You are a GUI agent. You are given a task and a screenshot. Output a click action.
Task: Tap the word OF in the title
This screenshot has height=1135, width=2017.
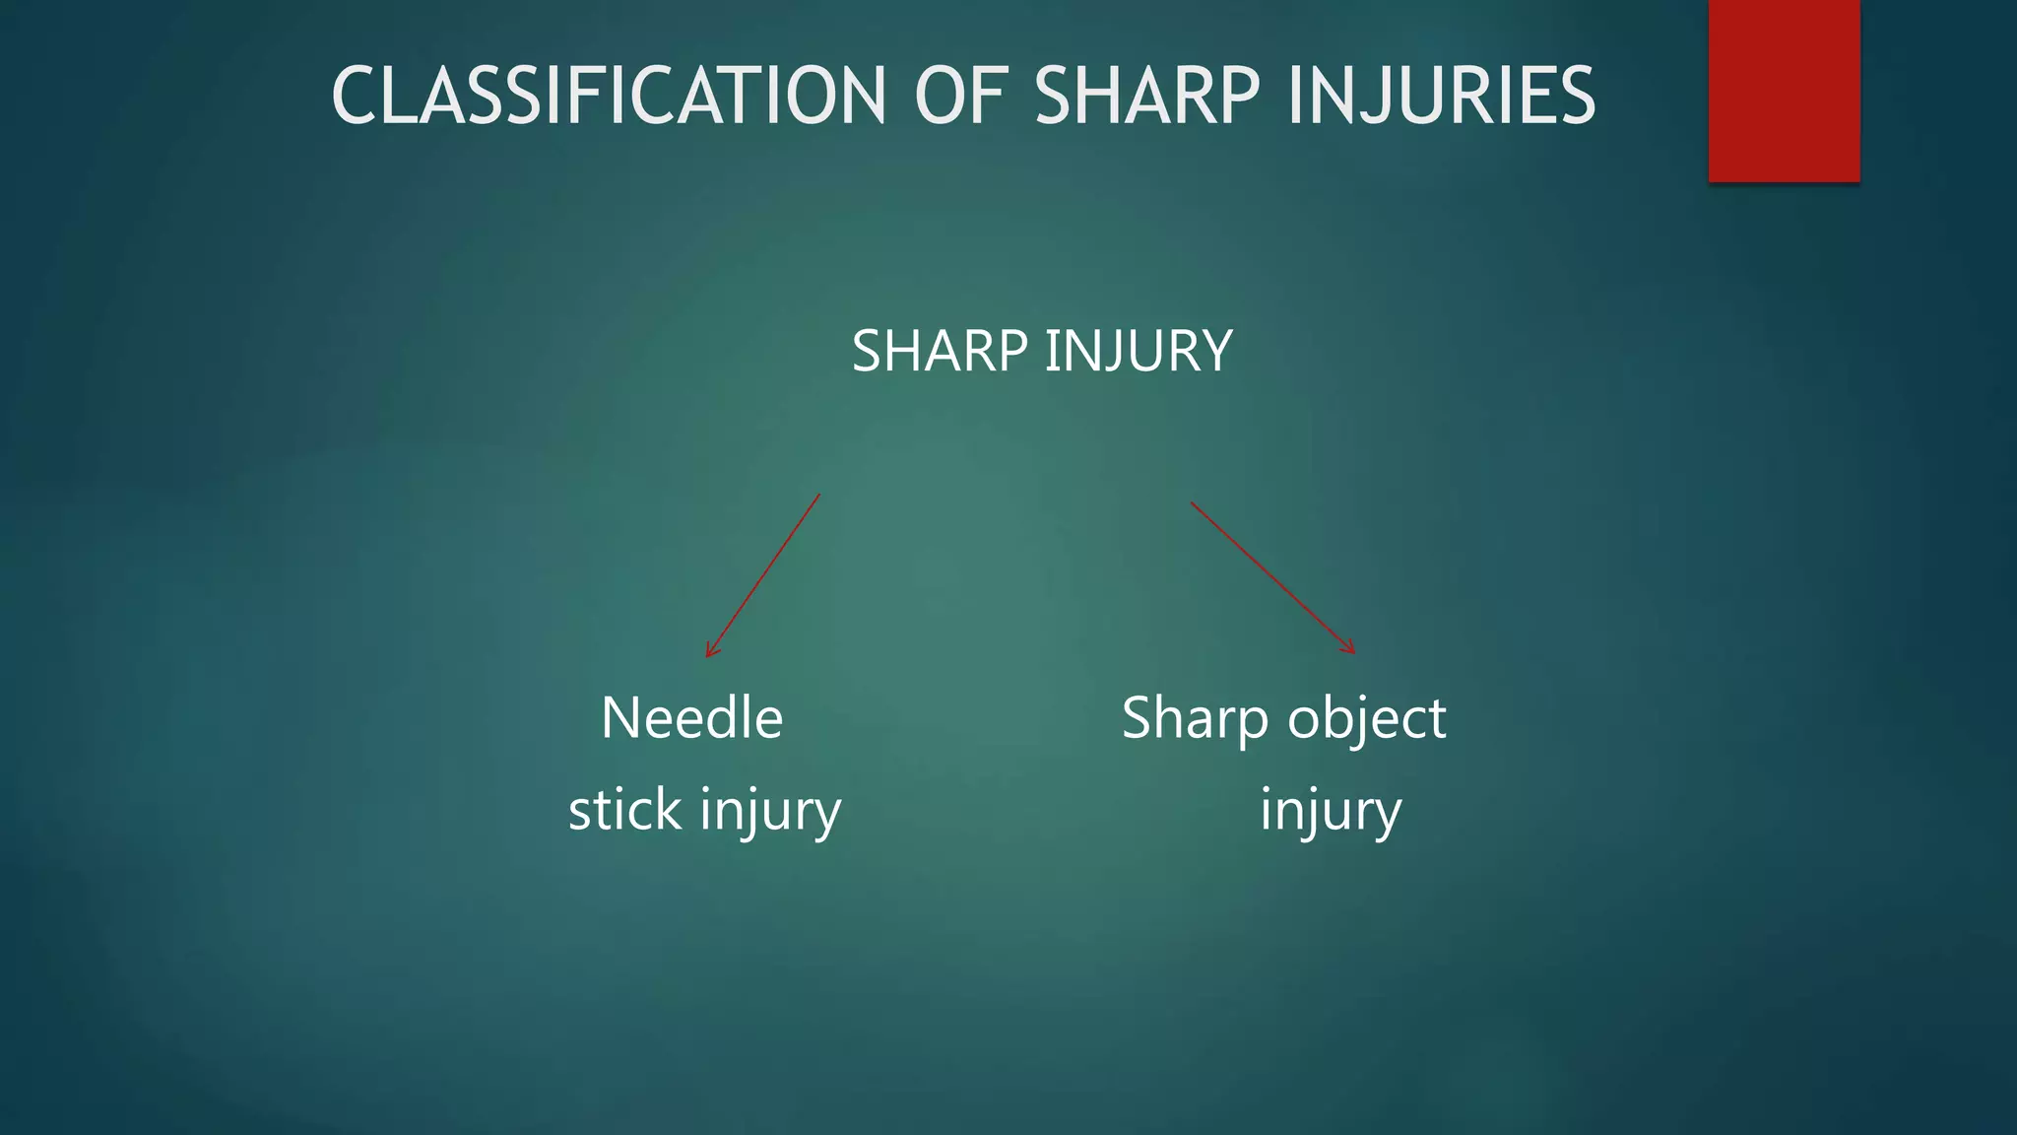tap(960, 96)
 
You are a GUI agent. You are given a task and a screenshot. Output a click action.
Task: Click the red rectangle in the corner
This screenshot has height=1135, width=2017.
tap(1784, 90)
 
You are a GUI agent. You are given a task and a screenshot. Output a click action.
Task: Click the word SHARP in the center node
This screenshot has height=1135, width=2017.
tap(941, 351)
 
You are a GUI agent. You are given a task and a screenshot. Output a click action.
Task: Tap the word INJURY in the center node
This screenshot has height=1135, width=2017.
tap(1138, 351)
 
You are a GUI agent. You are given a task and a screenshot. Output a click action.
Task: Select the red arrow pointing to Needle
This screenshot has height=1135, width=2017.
tap(763, 575)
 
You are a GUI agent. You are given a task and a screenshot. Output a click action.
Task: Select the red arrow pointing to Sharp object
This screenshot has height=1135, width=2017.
tap(1272, 577)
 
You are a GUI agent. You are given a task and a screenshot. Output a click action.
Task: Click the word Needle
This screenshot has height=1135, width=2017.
tap(691, 717)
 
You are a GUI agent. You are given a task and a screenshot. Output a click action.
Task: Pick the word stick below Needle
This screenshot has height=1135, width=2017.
tap(625, 810)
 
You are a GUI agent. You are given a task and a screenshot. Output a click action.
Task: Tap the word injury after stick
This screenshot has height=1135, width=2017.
tap(771, 812)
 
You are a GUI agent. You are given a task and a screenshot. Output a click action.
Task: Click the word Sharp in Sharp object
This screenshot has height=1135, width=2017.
tap(1195, 719)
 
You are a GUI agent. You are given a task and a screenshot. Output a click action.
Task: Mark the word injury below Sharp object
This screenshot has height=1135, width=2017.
tap(1331, 812)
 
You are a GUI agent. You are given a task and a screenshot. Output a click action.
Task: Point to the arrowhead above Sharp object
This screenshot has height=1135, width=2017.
tap(1350, 648)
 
